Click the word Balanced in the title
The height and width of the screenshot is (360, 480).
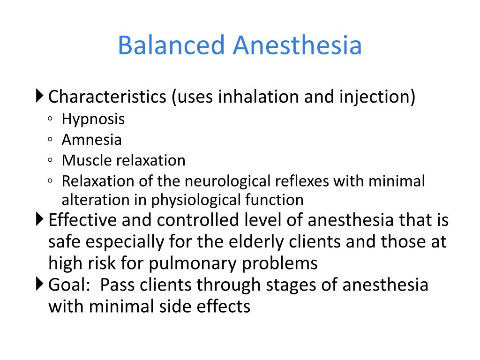pyautogui.click(x=171, y=46)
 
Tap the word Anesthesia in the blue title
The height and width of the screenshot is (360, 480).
pyautogui.click(x=297, y=46)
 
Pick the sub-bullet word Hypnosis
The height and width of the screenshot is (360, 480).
pyautogui.click(x=93, y=119)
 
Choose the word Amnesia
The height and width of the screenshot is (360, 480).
pyautogui.click(x=92, y=140)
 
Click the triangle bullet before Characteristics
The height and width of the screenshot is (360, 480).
pyautogui.click(x=39, y=97)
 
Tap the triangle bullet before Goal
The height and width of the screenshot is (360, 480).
pyautogui.click(x=39, y=284)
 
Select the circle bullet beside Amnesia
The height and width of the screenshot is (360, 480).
pyautogui.click(x=50, y=140)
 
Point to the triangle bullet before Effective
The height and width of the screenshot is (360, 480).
pyautogui.click(x=39, y=219)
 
